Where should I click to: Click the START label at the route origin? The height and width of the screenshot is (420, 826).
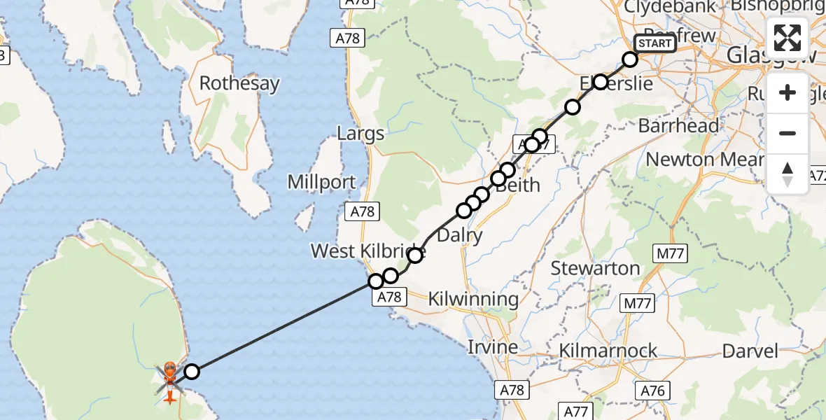(x=654, y=43)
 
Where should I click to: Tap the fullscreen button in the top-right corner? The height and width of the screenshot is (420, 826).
(x=787, y=38)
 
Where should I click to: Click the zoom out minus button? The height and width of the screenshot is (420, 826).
(x=787, y=133)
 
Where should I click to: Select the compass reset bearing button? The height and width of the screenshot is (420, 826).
(x=787, y=174)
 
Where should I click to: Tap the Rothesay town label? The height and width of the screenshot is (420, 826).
(x=239, y=83)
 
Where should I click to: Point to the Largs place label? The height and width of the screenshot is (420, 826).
(x=360, y=133)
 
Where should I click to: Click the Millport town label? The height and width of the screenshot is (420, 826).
(x=322, y=183)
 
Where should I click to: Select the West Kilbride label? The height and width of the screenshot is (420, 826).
(x=367, y=251)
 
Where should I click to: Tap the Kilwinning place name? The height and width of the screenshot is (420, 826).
(x=475, y=300)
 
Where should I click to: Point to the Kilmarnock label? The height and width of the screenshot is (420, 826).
(x=608, y=350)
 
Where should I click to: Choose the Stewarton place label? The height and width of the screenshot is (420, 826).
(x=595, y=268)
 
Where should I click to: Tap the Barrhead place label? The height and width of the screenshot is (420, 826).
(x=678, y=126)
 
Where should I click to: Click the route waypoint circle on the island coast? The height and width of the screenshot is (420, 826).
(x=192, y=372)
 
